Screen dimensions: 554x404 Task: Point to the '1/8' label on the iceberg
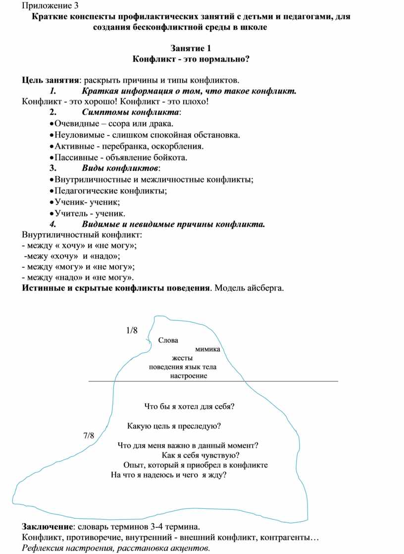click(132, 330)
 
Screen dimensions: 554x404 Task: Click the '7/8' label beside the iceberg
click(88, 436)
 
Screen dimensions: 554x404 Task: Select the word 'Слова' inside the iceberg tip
click(169, 340)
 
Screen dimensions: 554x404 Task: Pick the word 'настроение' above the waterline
click(189, 376)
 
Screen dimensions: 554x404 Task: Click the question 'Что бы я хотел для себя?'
click(189, 407)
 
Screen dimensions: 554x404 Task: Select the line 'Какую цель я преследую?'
click(174, 426)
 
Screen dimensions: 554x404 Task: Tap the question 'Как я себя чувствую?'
click(201, 455)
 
